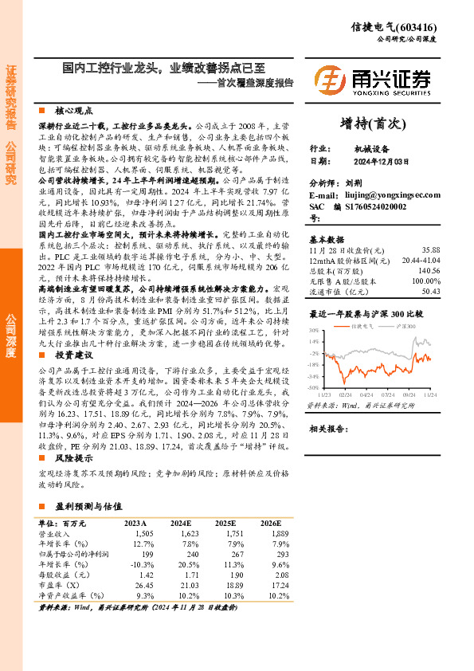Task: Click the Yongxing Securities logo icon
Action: (x=329, y=80)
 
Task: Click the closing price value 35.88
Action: (x=431, y=249)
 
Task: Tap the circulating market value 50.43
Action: (x=431, y=292)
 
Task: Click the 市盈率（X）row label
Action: (x=55, y=584)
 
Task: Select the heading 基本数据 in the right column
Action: (x=327, y=238)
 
